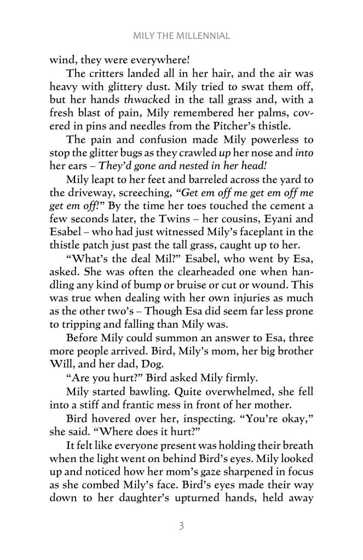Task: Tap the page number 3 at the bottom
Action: (181, 527)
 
